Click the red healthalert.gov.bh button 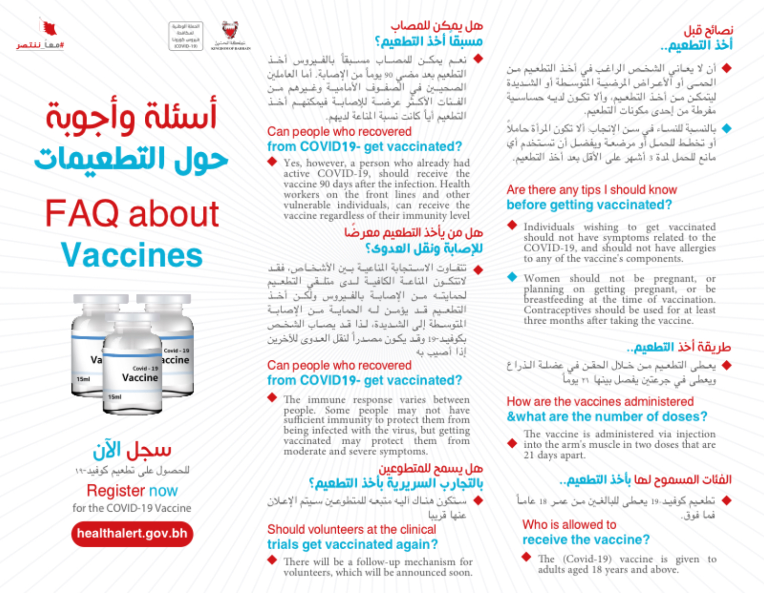132,533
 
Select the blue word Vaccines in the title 132,255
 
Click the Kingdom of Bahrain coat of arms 230,32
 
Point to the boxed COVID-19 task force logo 185,36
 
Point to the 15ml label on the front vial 115,397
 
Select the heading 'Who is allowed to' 569,525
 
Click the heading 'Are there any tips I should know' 592,190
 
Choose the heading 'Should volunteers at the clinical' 351,529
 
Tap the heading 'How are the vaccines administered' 600,402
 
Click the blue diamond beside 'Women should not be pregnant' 512,277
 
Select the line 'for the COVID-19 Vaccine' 132,508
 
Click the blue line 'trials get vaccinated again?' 352,544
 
